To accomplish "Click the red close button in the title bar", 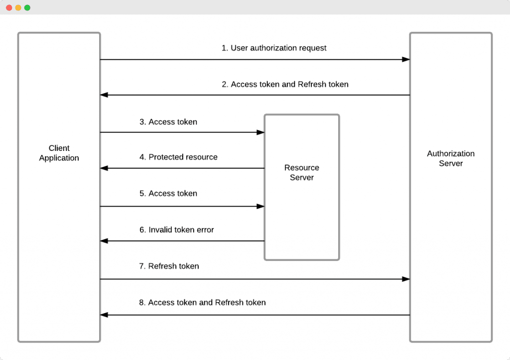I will tap(9, 7).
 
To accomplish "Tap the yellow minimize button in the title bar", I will tap(18, 7).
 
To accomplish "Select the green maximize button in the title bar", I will tap(27, 7).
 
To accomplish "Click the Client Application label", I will tap(59, 153).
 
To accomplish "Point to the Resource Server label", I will tap(301, 172).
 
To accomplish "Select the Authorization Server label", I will tap(450, 158).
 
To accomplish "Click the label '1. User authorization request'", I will tap(274, 48).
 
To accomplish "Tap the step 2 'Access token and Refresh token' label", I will tap(285, 85).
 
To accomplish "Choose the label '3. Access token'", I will tap(168, 122).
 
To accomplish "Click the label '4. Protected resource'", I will tap(178, 157).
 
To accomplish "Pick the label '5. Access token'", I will tap(168, 194).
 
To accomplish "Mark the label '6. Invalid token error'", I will tap(176, 230).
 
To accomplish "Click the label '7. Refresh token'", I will tap(169, 266).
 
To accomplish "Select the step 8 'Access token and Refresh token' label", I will tap(202, 303).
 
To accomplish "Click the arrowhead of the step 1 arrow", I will tap(406, 59).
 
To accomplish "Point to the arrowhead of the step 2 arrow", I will tap(104, 95).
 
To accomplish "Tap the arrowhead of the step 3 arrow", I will tap(260, 132).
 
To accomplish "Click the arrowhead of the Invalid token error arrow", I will tap(104, 241).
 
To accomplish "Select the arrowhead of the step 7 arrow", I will tap(406, 279).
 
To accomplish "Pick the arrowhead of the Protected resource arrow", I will tap(104, 168).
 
